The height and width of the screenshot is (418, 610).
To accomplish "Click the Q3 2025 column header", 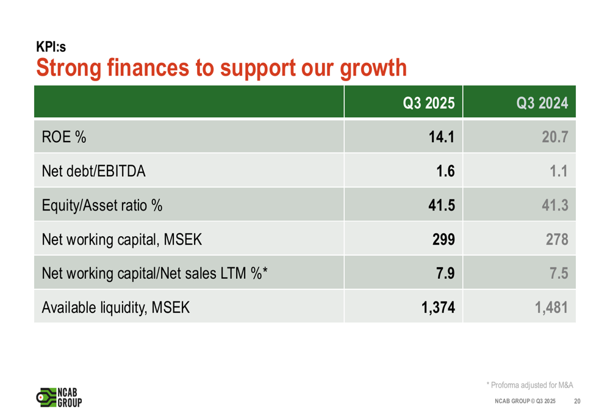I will coord(429,103).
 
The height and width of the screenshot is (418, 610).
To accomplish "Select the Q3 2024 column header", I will coord(542,103).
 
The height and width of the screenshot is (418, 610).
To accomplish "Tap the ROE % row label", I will coord(63,137).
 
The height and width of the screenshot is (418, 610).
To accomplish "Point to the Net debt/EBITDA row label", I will coord(93,171).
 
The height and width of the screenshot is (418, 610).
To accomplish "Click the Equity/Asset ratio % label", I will coord(101,206).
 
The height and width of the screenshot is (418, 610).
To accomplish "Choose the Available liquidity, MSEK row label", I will coord(115,308).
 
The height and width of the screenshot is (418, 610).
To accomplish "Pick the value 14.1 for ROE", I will coord(441,137).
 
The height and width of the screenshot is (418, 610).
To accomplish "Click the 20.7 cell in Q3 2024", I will coord(555,137).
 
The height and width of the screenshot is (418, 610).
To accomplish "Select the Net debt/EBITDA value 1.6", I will coord(445,171).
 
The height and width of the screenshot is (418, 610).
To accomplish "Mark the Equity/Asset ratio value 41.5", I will coord(441,206).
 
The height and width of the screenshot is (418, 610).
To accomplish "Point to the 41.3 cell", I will coord(555,206).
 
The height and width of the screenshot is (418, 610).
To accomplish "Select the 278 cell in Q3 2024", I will coord(557,240).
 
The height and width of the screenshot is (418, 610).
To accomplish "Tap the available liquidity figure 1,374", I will coord(438,308).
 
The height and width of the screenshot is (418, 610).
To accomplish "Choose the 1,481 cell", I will coord(551,308).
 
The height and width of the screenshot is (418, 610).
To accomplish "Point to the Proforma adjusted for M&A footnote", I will coord(529,384).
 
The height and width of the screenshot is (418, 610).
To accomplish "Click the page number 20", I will coord(577,401).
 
